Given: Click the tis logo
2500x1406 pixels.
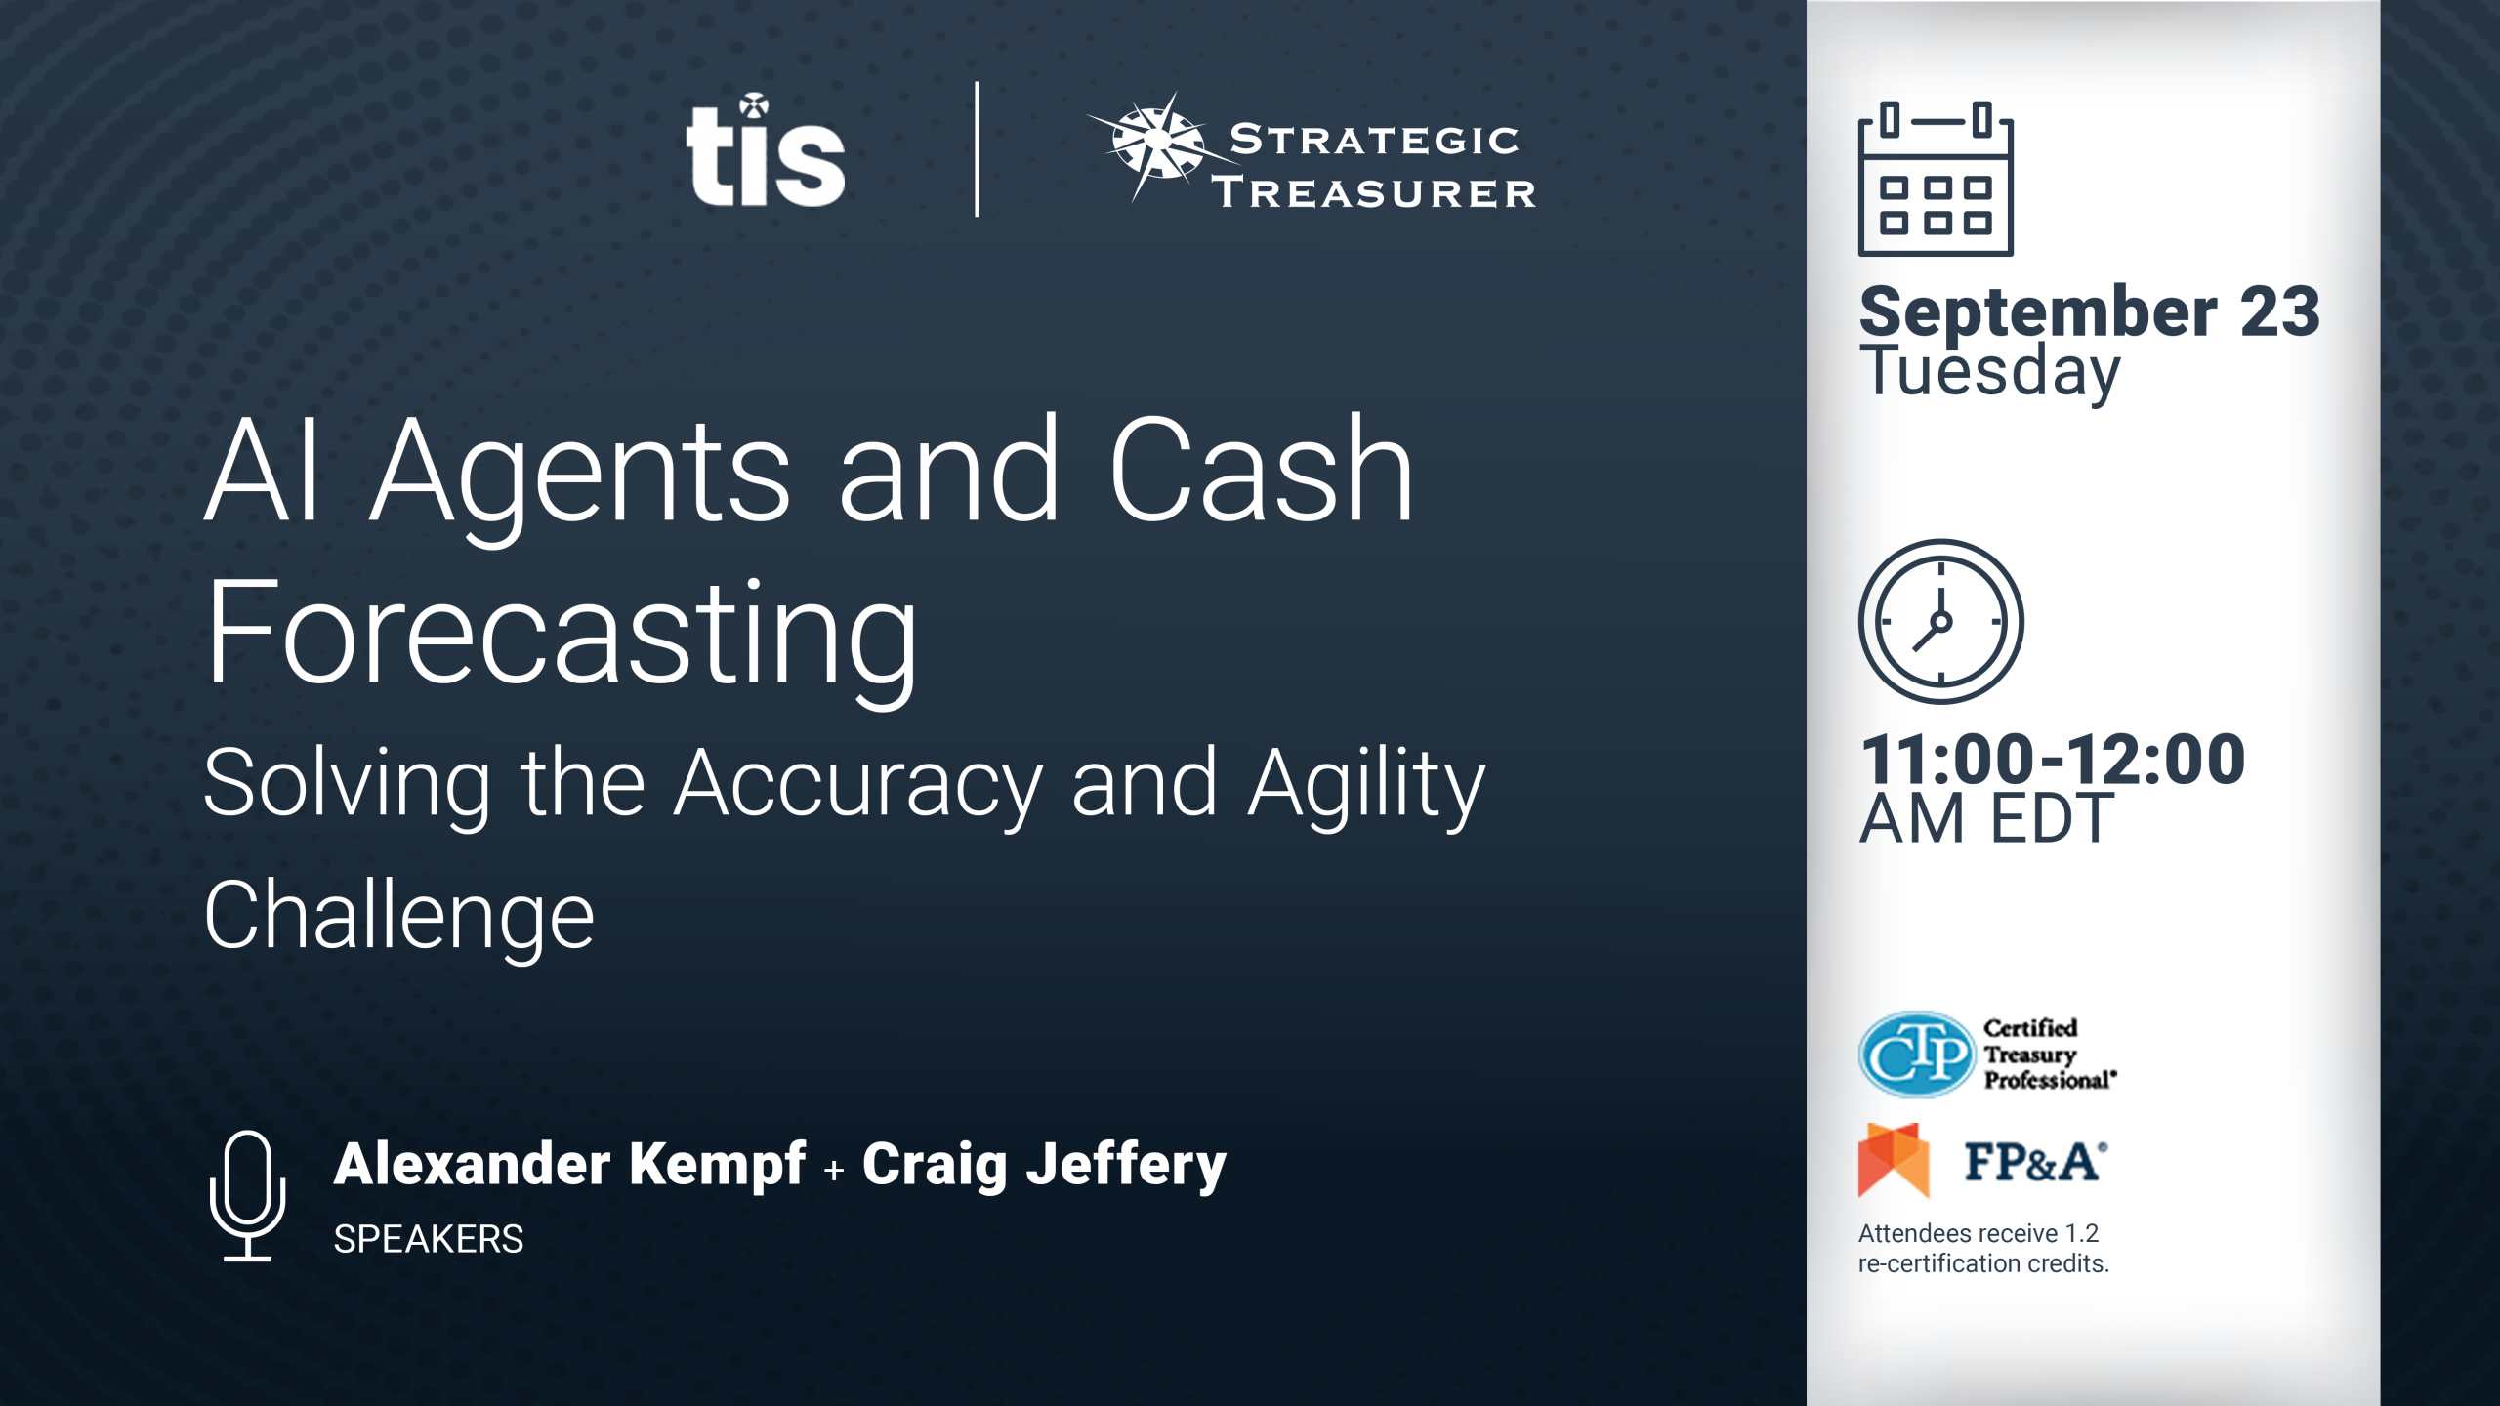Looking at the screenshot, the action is [x=766, y=150].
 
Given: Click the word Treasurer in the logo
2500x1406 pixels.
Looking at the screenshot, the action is [x=1374, y=193].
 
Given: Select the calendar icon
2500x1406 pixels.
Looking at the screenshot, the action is [x=1936, y=179].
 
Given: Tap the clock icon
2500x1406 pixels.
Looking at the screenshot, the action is [x=1940, y=622].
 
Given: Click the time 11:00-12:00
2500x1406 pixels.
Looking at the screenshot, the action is [x=2053, y=760].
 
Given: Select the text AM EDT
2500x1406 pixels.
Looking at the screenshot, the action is [x=1986, y=819].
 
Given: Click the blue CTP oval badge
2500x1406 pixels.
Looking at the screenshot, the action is [x=1916, y=1054].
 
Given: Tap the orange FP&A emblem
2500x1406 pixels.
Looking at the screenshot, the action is [x=1894, y=1160].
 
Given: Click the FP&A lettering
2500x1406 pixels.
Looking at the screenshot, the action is [x=2035, y=1162].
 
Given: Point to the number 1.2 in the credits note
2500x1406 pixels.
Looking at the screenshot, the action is [x=2081, y=1233].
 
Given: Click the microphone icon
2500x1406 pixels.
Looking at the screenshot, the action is [x=247, y=1196].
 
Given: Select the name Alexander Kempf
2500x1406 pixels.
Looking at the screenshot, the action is [x=570, y=1164].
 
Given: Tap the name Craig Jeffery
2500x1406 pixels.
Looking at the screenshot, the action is [x=1044, y=1165].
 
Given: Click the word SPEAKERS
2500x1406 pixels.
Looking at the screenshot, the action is [x=429, y=1239].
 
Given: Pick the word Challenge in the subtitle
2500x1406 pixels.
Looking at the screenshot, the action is [x=399, y=917].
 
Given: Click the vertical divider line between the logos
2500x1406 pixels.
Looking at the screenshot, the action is [x=977, y=149].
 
